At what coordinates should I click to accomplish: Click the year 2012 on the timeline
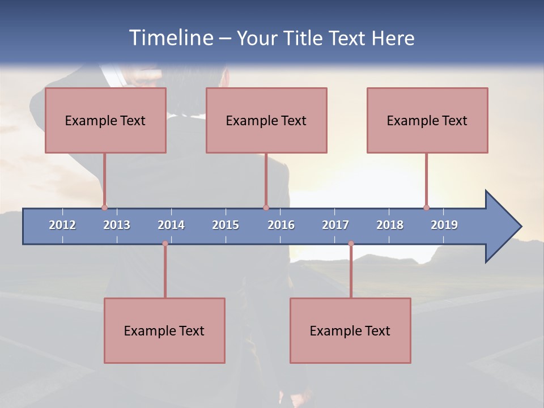pos(62,225)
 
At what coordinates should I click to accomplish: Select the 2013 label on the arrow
pos(117,225)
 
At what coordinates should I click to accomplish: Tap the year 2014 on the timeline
pos(171,225)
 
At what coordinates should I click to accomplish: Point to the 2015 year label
pos(226,225)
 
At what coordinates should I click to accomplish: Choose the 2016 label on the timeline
pos(281,225)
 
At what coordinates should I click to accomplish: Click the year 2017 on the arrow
pos(335,225)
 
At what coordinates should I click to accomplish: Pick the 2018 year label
pos(390,225)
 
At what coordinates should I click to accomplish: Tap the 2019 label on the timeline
pos(444,225)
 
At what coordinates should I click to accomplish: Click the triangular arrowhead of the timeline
pos(501,226)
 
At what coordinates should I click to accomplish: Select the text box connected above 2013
pos(105,120)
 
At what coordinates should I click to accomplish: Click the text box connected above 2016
pos(266,120)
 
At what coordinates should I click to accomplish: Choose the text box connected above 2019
pos(427,120)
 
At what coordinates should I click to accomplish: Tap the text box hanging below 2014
pos(164,330)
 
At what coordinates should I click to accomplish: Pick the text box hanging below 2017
pos(350,330)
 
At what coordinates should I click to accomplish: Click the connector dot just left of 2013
pos(104,207)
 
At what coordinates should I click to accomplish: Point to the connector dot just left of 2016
pos(266,207)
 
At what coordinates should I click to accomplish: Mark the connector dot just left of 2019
pos(426,207)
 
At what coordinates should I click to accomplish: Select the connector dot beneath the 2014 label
pos(165,244)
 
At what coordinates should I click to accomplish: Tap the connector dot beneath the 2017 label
pos(351,244)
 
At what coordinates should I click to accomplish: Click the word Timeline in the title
pos(171,37)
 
